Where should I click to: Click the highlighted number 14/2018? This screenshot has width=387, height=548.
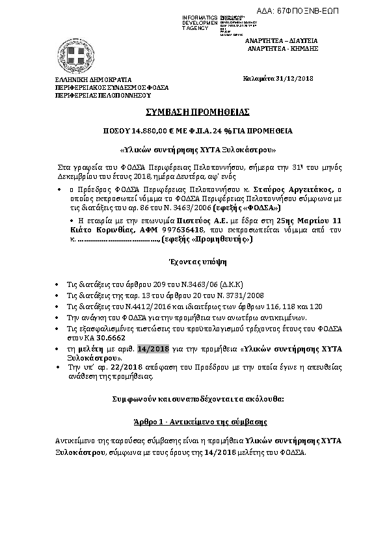click(153, 349)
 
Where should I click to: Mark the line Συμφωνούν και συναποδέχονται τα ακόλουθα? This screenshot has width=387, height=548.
click(194, 397)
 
